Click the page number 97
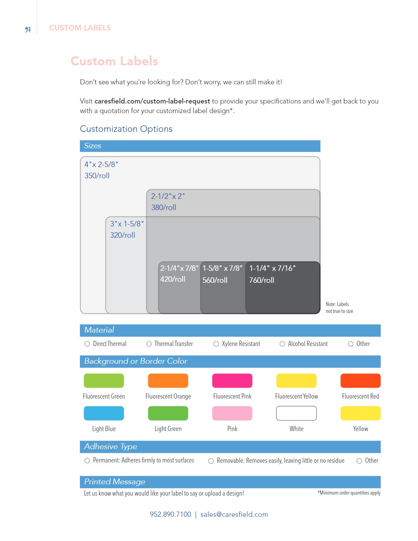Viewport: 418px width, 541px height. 28,30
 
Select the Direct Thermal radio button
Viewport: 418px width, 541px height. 87,344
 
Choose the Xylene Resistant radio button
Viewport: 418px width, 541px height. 216,344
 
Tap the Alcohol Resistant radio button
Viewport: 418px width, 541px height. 282,344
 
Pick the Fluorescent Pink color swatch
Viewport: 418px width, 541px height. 232,381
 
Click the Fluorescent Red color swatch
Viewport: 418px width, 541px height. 360,381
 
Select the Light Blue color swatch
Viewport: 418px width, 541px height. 104,413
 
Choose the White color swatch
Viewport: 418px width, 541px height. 296,413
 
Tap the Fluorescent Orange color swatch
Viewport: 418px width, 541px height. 168,381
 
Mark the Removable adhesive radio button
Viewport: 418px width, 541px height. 211,461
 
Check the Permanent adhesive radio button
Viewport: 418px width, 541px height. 87,461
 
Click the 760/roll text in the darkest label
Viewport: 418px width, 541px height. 262,280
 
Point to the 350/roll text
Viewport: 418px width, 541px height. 97,176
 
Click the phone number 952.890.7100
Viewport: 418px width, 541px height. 170,514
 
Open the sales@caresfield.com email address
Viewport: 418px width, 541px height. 234,514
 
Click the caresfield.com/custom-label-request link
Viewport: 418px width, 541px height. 152,101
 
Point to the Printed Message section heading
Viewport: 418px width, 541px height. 115,482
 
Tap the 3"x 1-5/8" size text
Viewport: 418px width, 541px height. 127,224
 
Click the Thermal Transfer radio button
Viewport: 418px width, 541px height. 149,344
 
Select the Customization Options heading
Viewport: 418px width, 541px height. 126,129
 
